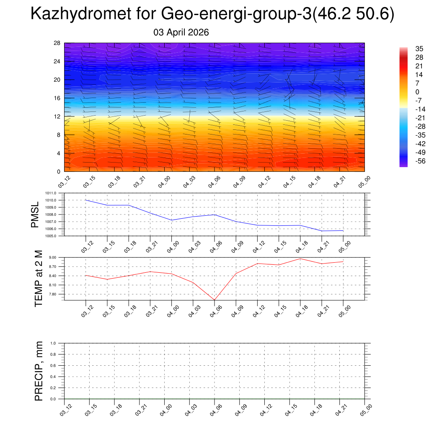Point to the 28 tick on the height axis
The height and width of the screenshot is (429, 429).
(x=57, y=43)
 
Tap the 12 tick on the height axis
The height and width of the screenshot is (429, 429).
(x=57, y=116)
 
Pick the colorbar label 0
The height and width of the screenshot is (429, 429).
(x=405, y=92)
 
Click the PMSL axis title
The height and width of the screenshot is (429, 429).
(x=35, y=214)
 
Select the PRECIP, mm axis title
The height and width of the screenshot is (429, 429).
(x=39, y=371)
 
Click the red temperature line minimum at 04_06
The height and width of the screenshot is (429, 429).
(x=214, y=300)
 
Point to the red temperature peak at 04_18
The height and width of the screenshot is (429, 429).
(x=300, y=258)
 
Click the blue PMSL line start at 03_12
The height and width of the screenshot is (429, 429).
(x=86, y=200)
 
